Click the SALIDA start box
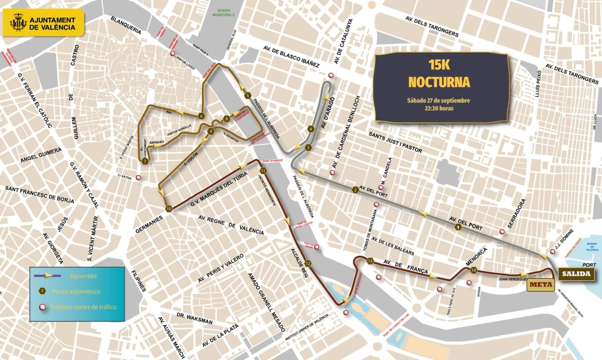576,273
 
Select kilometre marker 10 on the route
169,208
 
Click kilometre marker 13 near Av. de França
370,261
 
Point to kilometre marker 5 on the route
248,96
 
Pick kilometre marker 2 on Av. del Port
355,190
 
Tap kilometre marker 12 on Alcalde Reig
308,263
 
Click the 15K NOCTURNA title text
439,73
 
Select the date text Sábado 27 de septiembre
438,100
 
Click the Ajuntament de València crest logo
18,23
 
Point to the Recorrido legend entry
83,276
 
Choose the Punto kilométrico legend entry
76,291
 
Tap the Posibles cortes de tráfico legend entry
83,307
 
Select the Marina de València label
592,247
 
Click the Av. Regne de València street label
231,225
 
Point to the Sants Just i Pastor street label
395,142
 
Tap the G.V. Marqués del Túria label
218,190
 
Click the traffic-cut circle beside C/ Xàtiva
138,178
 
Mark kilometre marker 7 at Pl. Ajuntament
145,161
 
